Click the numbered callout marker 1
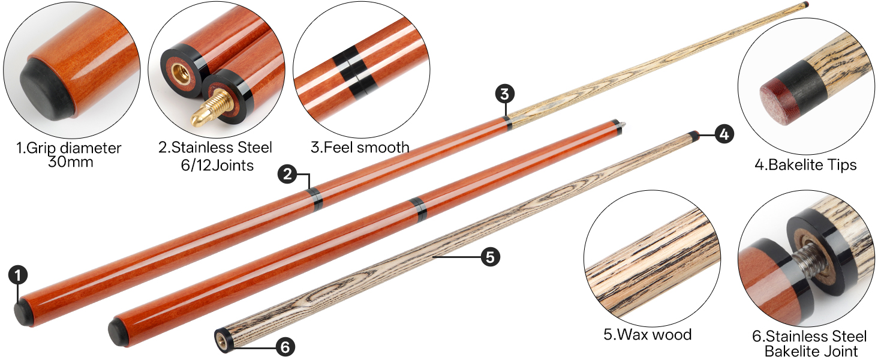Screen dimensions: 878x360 point(18,275)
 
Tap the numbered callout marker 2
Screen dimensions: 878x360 point(288,174)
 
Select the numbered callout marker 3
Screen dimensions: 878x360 point(505,94)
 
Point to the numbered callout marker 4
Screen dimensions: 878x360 point(724,134)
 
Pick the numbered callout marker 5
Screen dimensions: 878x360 point(491,257)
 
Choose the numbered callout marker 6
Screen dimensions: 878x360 point(285,347)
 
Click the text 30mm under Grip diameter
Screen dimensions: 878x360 point(71,162)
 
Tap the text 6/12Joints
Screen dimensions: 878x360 point(217,166)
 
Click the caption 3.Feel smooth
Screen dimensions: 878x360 point(360,148)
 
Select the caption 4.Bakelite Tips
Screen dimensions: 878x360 point(805,165)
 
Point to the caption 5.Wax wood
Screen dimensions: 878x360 point(648,335)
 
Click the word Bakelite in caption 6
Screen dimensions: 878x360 point(792,351)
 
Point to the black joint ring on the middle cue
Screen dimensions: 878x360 point(418,209)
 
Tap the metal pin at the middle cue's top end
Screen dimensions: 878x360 point(624,126)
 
